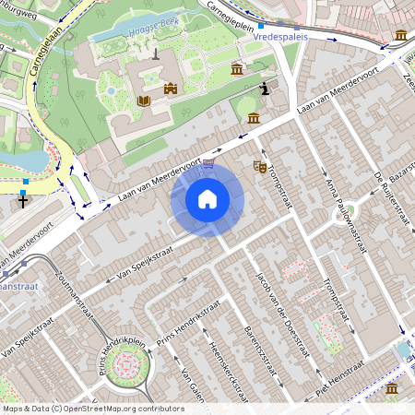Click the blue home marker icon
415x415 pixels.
coord(207,198)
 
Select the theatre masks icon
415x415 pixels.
coord(260,167)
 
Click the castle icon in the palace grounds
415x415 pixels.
coord(170,89)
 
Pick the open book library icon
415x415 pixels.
coord(143,101)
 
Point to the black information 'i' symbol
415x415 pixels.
coord(267,89)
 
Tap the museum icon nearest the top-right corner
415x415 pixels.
coord(401,35)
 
